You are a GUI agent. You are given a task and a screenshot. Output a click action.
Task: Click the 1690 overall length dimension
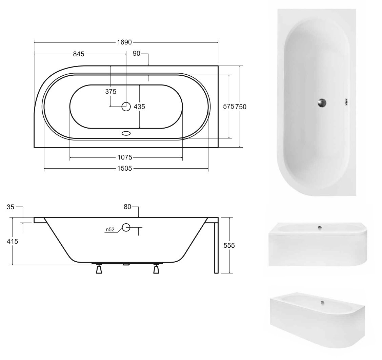click(x=124, y=42)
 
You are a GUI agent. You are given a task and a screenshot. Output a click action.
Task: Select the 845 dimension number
click(x=79, y=54)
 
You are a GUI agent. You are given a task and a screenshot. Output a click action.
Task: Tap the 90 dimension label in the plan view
click(x=136, y=53)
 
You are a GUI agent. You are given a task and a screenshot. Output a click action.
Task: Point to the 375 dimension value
click(x=110, y=92)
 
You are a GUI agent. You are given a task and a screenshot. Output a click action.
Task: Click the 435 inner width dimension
click(x=139, y=107)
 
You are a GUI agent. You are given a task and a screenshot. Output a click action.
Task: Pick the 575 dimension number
click(x=228, y=106)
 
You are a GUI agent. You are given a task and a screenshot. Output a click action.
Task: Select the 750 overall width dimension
click(x=241, y=107)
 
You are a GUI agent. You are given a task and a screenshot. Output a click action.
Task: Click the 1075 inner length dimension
click(x=125, y=157)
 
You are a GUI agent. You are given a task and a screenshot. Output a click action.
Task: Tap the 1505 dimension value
click(x=124, y=168)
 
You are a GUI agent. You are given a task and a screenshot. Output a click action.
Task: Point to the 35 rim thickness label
click(x=11, y=207)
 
